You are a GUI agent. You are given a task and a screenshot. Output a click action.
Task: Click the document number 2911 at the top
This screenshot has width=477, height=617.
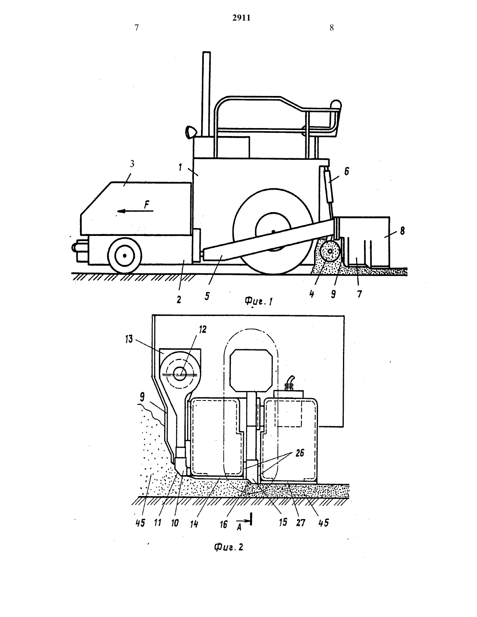point(241,17)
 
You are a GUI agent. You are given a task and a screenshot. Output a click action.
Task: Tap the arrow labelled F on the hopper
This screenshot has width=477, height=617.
point(135,211)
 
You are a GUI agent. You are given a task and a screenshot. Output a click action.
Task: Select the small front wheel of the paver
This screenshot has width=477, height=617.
point(125,255)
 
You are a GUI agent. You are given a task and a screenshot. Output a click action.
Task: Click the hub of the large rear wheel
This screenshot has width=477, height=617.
point(273,232)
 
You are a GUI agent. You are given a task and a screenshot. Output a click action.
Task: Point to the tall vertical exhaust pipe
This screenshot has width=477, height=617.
point(207,94)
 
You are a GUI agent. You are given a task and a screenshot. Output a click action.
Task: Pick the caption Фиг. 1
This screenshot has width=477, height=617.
point(259,301)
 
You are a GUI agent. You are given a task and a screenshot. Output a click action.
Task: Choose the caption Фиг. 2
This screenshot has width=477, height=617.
point(228,547)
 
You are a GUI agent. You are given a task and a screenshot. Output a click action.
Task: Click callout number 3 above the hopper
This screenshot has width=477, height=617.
point(132,164)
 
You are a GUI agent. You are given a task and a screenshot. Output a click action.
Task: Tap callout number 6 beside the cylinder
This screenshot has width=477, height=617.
point(347,172)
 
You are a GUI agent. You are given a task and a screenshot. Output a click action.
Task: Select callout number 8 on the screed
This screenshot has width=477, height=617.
point(402,231)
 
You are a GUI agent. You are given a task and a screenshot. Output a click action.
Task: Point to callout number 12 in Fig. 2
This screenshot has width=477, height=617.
point(203,330)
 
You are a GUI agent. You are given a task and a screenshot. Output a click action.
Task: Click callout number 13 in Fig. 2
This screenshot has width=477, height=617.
point(129,339)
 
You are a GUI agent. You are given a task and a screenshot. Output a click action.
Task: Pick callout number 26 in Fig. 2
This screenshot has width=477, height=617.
point(300,453)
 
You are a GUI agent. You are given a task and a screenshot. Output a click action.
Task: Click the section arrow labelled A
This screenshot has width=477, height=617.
point(244,521)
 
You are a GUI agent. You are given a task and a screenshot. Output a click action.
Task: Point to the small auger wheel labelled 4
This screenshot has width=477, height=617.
point(330,251)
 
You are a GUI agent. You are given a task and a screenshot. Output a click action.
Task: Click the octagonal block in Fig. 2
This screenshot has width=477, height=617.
point(251,370)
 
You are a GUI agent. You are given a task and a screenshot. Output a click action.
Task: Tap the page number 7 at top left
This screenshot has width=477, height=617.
point(136,28)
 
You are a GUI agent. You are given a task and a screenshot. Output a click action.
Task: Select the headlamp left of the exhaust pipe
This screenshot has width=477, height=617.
point(191,132)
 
